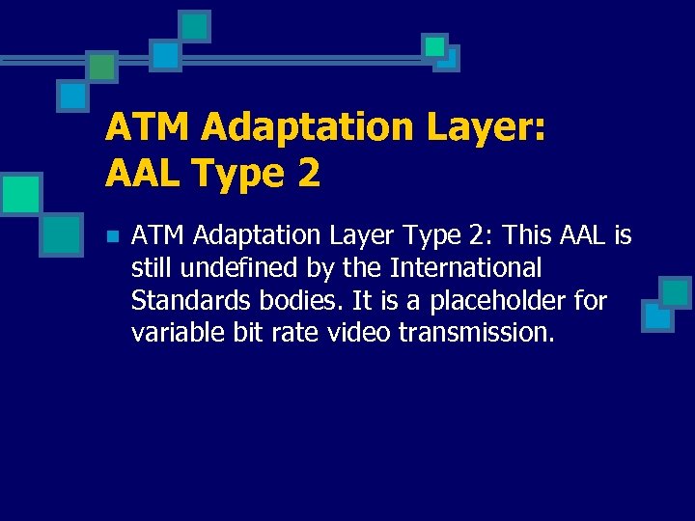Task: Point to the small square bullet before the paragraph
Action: tap(112, 235)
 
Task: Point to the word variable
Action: tap(177, 334)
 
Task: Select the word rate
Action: tap(293, 334)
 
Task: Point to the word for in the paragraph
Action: tap(589, 301)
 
